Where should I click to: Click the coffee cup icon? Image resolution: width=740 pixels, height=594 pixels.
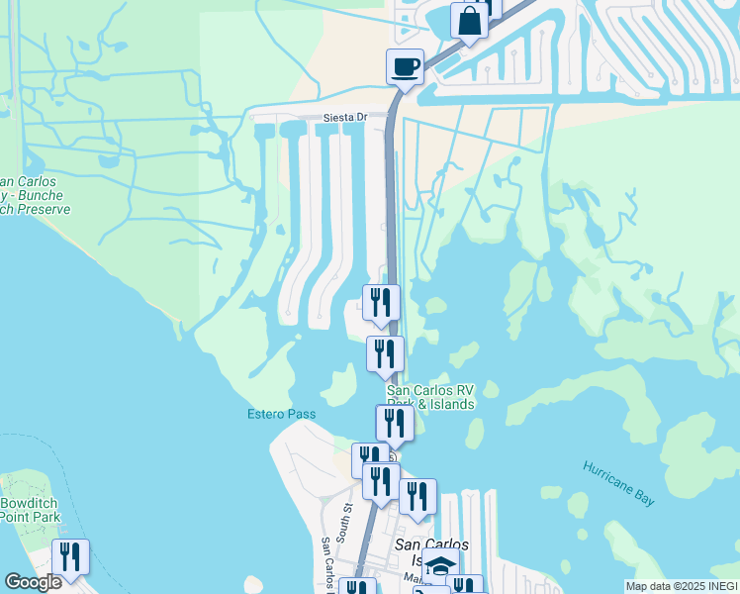(x=405, y=67)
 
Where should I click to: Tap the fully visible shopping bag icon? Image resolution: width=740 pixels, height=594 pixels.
(x=468, y=20)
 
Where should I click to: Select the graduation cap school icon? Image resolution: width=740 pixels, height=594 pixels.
(x=441, y=566)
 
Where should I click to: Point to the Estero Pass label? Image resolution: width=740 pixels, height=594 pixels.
(x=281, y=414)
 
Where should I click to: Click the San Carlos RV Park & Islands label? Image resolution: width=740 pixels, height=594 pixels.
(x=429, y=397)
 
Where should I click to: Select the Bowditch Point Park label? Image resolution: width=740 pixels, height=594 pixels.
(x=30, y=510)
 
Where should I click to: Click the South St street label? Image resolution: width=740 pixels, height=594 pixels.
(x=347, y=521)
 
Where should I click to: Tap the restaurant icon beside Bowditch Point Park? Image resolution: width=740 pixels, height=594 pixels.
(x=69, y=556)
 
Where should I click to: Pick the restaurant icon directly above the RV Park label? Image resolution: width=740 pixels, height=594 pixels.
(x=385, y=353)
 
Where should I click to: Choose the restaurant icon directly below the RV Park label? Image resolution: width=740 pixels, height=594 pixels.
(x=395, y=423)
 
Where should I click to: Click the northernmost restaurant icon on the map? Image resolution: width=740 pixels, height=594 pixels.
(x=381, y=302)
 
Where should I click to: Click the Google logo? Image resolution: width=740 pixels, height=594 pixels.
(x=33, y=582)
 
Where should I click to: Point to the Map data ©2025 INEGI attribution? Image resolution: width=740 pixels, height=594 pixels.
(x=681, y=586)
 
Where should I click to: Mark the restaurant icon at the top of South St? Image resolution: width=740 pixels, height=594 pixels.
(x=369, y=459)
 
